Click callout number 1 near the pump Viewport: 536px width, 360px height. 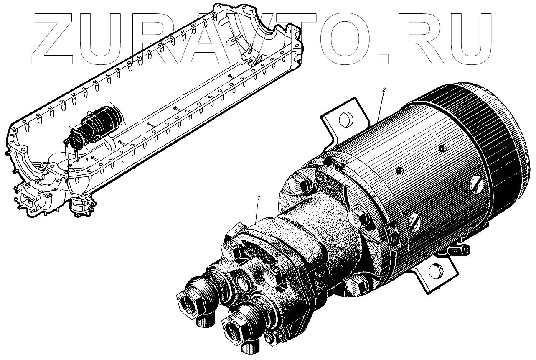click(x=259, y=198)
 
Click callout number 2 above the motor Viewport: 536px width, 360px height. click(x=384, y=89)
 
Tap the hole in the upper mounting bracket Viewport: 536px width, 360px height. click(x=346, y=120)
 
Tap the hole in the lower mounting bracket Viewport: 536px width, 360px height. click(x=436, y=271)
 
